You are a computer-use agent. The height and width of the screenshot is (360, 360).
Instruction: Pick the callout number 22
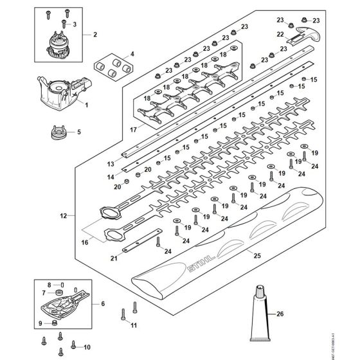click(280, 35)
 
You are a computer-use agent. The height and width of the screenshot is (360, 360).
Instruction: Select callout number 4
click(132, 54)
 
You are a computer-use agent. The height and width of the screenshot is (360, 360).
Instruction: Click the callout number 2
click(94, 33)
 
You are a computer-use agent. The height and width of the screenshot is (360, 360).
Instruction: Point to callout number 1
click(88, 105)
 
